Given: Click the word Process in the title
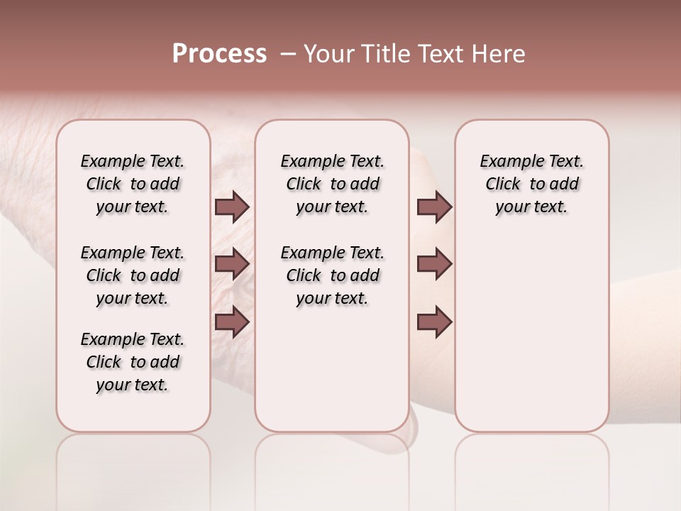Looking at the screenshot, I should (219, 54).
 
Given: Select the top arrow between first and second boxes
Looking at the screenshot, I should (232, 207).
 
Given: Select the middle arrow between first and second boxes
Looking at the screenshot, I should (232, 264).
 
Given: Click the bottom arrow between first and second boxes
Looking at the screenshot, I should (232, 322).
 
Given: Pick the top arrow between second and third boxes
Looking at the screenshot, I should (434, 207).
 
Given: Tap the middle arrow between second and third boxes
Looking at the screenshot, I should (434, 264).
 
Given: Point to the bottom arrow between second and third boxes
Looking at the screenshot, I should (434, 322).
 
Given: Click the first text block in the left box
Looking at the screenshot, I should (133, 184).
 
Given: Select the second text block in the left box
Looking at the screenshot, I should (133, 275).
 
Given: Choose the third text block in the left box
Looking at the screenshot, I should (133, 362).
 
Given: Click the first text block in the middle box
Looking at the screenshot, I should (332, 184).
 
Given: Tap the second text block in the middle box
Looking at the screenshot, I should (332, 275).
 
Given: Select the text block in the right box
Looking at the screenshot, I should (531, 184).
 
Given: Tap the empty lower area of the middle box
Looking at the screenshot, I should (332, 369).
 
